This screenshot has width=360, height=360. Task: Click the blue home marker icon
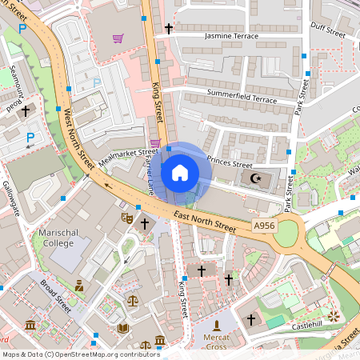click(180, 172)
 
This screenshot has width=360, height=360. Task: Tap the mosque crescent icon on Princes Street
click(256, 178)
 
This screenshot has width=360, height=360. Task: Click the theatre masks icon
click(126, 217)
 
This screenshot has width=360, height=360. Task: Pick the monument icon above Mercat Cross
click(216, 326)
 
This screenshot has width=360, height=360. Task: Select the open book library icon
click(122, 328)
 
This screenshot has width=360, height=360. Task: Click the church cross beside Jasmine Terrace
click(168, 29)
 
